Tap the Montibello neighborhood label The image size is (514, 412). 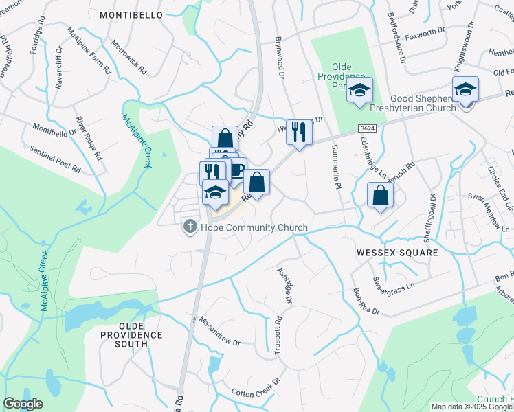point(131,14)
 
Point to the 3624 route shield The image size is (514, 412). point(366,129)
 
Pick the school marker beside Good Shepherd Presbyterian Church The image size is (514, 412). point(465,90)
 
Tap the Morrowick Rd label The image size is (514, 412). point(130,60)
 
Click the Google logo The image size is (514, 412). point(23,404)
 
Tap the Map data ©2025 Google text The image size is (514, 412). point(471,407)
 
